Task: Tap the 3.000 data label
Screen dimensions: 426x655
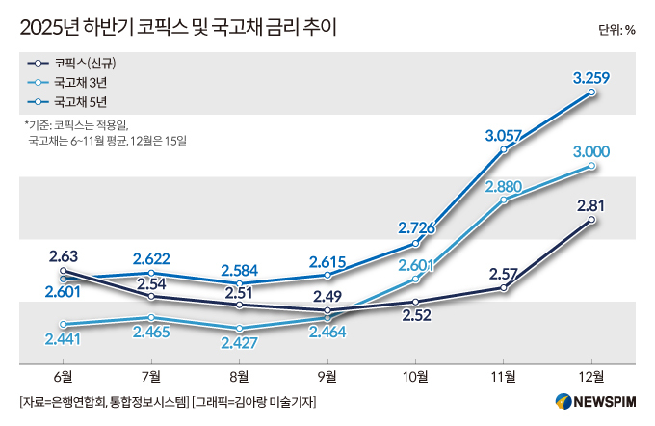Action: click(x=589, y=151)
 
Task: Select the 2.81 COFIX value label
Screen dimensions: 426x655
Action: click(x=590, y=204)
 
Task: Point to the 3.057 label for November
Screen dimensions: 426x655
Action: click(x=504, y=136)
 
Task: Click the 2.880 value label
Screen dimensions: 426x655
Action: click(x=504, y=185)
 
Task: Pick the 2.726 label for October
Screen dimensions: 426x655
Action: click(x=416, y=227)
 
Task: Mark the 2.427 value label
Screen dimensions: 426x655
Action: click(x=239, y=341)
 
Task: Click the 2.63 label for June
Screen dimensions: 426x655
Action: click(x=64, y=255)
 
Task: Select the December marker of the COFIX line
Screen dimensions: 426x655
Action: click(x=591, y=220)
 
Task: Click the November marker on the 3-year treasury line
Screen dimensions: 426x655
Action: click(x=504, y=200)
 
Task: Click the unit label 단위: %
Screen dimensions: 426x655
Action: click(x=616, y=29)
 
